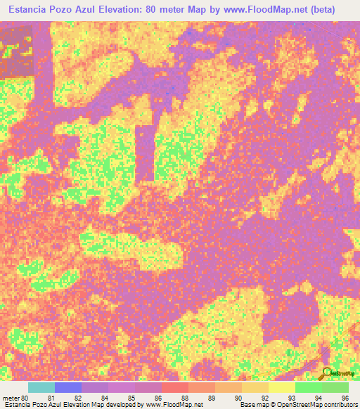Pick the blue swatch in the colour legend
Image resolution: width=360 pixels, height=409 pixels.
click(x=68, y=387)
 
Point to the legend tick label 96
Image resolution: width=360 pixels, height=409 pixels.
click(x=345, y=398)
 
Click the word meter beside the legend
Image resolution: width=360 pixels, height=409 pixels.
click(x=11, y=398)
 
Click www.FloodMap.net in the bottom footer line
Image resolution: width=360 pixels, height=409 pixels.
click(x=173, y=405)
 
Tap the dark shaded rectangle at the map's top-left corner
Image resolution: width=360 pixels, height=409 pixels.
click(x=16, y=51)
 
